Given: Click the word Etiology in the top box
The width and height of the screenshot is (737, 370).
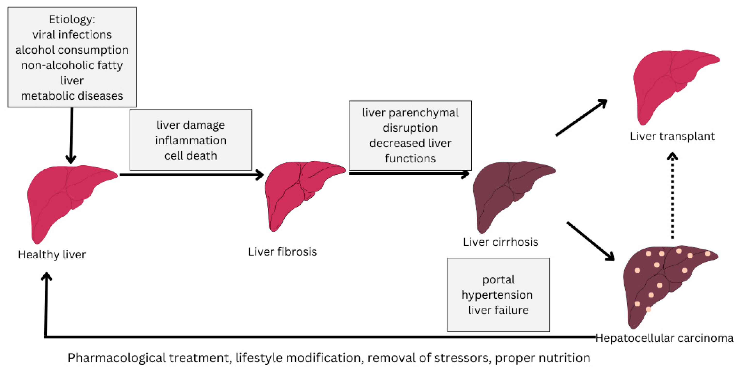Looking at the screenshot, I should (x=71, y=19).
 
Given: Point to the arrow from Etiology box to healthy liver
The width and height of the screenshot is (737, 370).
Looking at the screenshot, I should (x=71, y=135).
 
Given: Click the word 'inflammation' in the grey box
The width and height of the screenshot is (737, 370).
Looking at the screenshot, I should (x=190, y=140).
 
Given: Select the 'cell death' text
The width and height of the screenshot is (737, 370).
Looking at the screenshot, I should (x=190, y=156).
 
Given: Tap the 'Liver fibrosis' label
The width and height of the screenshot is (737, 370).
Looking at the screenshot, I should (x=282, y=252).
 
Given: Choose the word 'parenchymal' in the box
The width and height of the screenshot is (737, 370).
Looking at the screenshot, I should (x=423, y=113).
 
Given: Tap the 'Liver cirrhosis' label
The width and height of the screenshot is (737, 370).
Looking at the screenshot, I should (x=500, y=242).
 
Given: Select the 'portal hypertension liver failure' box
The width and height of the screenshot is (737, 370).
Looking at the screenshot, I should (x=498, y=295).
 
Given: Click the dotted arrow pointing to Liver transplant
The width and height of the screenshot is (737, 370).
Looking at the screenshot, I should (x=672, y=197).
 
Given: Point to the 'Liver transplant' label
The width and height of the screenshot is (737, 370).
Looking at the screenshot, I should (x=672, y=136).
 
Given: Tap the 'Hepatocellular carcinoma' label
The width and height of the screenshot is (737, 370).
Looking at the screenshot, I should (x=664, y=338).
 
